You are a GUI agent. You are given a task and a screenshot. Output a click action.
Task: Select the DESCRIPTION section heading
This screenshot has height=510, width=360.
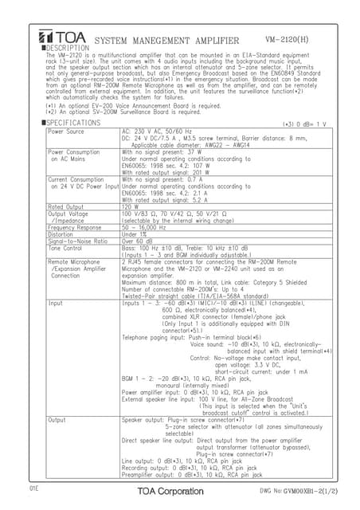(66, 49)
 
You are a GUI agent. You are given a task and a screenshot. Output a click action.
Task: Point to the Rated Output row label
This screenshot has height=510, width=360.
(66, 206)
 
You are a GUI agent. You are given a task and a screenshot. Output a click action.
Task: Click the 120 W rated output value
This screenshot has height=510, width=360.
(131, 206)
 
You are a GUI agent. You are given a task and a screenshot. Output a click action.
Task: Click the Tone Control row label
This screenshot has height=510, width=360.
(67, 247)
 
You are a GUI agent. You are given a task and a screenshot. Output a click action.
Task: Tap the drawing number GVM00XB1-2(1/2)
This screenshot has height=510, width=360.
(299, 492)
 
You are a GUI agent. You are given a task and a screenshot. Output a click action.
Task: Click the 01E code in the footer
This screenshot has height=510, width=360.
(35, 486)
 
